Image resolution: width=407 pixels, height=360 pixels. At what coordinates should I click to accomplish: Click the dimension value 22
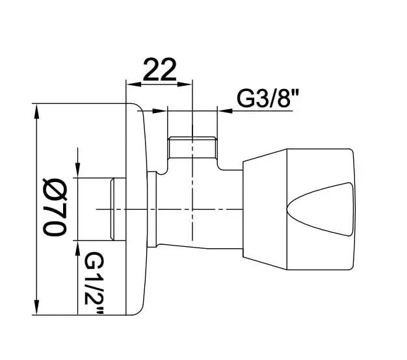pyautogui.click(x=160, y=70)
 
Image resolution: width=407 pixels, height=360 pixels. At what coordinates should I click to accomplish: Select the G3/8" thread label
pyautogui.click(x=268, y=99)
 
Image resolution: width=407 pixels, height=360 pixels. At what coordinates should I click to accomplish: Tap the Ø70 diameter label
pyautogui.click(x=55, y=207)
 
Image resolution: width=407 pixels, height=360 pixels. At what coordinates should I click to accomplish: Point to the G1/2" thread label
pyautogui.click(x=94, y=283)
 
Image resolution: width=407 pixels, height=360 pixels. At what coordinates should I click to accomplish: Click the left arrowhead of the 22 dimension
pyautogui.click(x=133, y=84)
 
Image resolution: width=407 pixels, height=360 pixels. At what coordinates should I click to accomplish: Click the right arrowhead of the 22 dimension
pyautogui.click(x=184, y=84)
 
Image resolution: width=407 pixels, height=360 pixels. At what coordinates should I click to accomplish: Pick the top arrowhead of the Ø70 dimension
pyautogui.click(x=37, y=112)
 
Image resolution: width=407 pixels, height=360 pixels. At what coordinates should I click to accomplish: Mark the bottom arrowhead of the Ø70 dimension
pyautogui.click(x=37, y=307)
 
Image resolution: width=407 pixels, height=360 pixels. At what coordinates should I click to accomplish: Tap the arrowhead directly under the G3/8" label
pyautogui.click(x=225, y=111)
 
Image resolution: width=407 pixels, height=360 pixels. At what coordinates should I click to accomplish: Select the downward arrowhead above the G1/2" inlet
pyautogui.click(x=77, y=170)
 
